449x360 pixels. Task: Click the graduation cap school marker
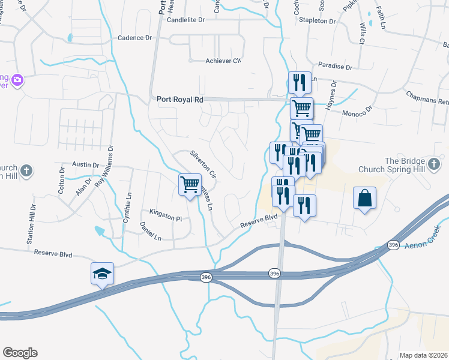pyautogui.click(x=102, y=274)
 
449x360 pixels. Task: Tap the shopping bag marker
pyautogui.click(x=365, y=199)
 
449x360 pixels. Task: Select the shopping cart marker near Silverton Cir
pyautogui.click(x=190, y=185)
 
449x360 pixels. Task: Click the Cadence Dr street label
pyautogui.click(x=135, y=38)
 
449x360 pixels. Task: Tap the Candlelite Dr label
pyautogui.click(x=186, y=19)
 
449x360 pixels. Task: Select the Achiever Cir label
pyautogui.click(x=223, y=61)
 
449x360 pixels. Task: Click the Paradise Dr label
pyautogui.click(x=335, y=66)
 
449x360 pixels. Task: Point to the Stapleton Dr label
pyautogui.click(x=319, y=20)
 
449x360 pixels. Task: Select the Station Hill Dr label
pyautogui.click(x=31, y=223)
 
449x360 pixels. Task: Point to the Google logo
pyautogui.click(x=20, y=353)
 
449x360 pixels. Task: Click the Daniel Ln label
pyautogui.click(x=150, y=231)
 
